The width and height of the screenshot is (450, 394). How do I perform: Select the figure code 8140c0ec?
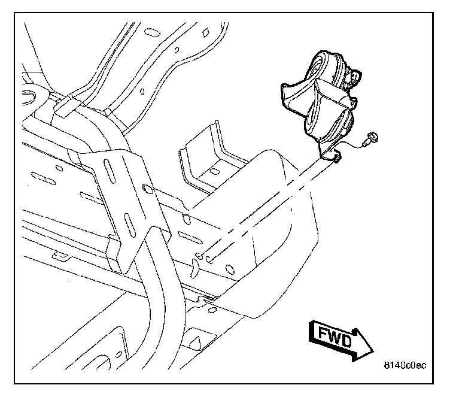405,365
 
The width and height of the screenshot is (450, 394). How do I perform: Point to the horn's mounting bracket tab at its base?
332,157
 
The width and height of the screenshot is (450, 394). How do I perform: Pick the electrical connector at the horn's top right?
354,76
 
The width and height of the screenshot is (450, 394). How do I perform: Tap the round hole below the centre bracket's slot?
145,191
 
